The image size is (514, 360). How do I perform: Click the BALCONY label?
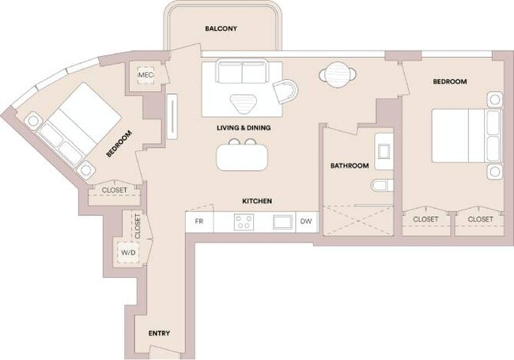point(221,28)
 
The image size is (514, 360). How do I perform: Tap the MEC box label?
point(146,75)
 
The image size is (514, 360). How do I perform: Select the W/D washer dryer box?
point(127,252)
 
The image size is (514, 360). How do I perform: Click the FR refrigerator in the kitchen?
point(199,222)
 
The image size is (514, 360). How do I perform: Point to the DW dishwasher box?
point(306,222)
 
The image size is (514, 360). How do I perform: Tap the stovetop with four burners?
point(244,222)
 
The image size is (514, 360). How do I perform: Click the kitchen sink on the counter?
point(282,222)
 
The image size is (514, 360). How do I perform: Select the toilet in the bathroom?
point(380,187)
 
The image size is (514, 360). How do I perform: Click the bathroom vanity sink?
point(384,150)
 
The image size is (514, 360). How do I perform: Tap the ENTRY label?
point(159,333)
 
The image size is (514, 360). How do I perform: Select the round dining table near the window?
point(338,75)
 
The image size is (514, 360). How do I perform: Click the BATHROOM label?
point(349,165)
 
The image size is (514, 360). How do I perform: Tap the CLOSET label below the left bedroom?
point(115,190)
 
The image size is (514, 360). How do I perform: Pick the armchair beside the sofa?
point(286,91)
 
